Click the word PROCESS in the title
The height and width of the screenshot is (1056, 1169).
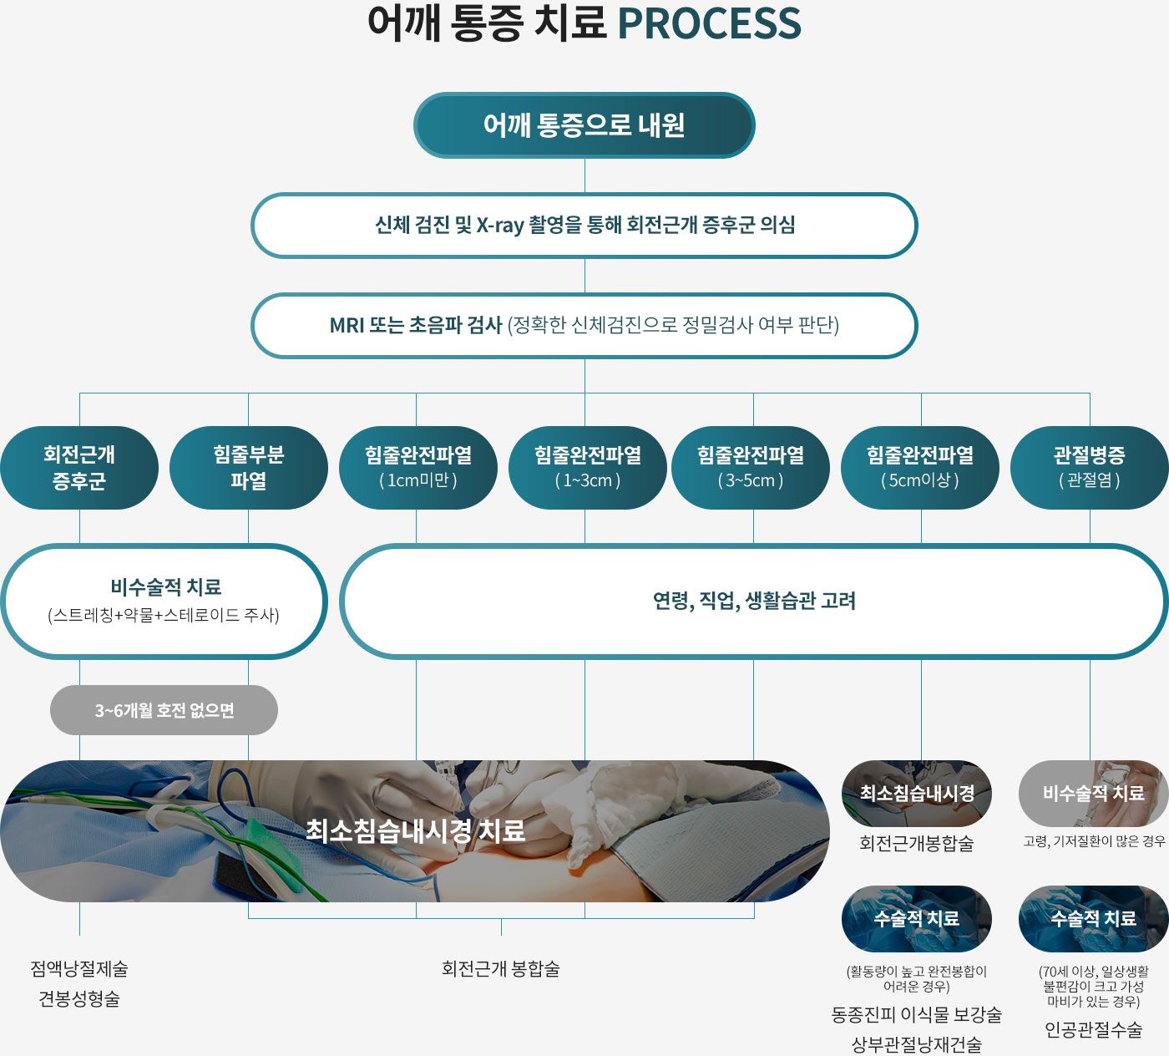click(x=709, y=23)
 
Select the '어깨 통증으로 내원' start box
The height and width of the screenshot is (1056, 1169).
click(x=584, y=125)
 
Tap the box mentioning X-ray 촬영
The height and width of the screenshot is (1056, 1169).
click(x=584, y=226)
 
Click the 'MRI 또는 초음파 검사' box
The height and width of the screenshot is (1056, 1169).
click(x=584, y=325)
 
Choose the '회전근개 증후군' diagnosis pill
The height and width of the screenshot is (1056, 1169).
click(x=79, y=468)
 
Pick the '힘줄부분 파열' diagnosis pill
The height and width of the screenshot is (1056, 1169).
click(x=248, y=468)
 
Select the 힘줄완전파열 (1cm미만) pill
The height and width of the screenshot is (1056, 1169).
click(x=417, y=468)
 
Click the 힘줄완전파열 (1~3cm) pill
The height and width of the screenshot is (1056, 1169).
click(x=587, y=468)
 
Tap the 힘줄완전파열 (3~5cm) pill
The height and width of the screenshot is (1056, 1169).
click(x=751, y=468)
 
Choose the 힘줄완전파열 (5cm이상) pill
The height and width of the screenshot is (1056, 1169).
click(x=920, y=468)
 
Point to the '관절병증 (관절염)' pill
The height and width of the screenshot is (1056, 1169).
click(x=1090, y=468)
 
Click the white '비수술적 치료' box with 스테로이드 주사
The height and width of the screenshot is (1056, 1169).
click(x=164, y=601)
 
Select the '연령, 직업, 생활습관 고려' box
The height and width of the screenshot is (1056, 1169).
click(x=754, y=601)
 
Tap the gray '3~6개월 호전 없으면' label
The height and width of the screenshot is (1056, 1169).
click(x=164, y=710)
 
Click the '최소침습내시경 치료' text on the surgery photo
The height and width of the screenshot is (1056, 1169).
click(x=415, y=830)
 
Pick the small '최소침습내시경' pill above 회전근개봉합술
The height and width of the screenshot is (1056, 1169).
click(x=917, y=794)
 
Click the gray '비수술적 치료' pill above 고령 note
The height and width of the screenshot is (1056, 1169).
click(x=1093, y=794)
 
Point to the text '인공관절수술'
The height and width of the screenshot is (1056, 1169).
click(x=1093, y=1030)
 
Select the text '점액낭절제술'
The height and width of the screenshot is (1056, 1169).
click(x=79, y=969)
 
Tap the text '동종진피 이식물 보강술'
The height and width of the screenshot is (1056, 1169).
click(x=916, y=1015)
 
